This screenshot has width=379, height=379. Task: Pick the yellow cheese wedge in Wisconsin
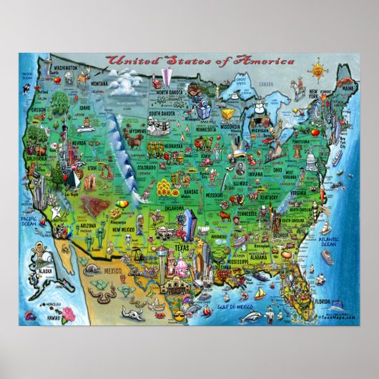[x=230, y=115]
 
